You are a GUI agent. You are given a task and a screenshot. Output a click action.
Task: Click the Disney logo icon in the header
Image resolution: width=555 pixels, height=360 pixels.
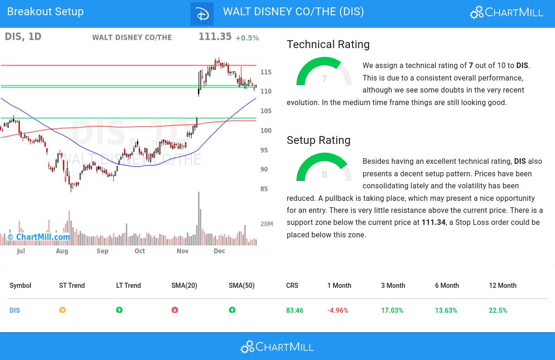pos(202,14)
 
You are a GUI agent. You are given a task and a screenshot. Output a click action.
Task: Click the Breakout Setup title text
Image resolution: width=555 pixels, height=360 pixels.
pos(45,12)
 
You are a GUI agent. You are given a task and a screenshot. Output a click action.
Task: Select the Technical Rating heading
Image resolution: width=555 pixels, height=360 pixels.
pos(328,44)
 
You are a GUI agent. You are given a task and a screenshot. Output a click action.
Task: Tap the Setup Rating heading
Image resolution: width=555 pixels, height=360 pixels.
pos(318,140)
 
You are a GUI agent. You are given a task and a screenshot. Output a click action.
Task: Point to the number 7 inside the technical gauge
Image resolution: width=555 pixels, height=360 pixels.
pos(324,79)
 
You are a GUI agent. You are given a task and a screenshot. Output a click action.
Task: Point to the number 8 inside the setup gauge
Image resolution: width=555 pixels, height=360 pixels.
pos(324,175)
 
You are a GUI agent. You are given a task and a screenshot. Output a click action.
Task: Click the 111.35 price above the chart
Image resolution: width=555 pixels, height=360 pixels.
pos(215,37)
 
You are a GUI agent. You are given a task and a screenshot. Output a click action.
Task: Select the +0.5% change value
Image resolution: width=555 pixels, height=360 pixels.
pos(247,38)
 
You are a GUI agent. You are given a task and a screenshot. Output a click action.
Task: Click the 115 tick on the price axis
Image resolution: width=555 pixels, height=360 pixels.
pos(266,72)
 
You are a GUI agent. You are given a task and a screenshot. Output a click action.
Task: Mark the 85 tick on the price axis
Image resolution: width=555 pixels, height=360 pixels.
pos(264,189)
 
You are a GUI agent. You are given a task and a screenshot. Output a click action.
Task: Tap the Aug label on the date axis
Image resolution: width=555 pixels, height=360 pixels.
pos(62,251)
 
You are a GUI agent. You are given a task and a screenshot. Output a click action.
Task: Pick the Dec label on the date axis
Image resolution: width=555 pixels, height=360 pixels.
pos(219,251)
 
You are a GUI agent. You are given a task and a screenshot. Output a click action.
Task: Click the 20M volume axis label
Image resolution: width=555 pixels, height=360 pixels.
pos(267,224)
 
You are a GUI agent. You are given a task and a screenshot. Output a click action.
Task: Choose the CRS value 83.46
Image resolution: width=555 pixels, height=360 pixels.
pos(295,310)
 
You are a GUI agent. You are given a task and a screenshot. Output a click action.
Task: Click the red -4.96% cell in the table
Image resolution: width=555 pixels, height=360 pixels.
pos(338,310)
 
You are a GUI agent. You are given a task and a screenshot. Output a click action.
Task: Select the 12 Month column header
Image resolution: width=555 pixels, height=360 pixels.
pos(502,286)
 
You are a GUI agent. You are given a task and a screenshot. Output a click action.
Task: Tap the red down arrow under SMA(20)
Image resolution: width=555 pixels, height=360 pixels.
pos(175,310)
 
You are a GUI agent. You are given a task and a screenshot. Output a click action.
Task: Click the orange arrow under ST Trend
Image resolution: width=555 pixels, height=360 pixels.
pos(62,310)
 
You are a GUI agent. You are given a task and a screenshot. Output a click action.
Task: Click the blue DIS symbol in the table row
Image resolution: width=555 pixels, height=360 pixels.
pos(15,310)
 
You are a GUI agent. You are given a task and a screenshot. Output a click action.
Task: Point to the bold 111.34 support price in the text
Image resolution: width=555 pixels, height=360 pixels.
pos(433,223)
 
